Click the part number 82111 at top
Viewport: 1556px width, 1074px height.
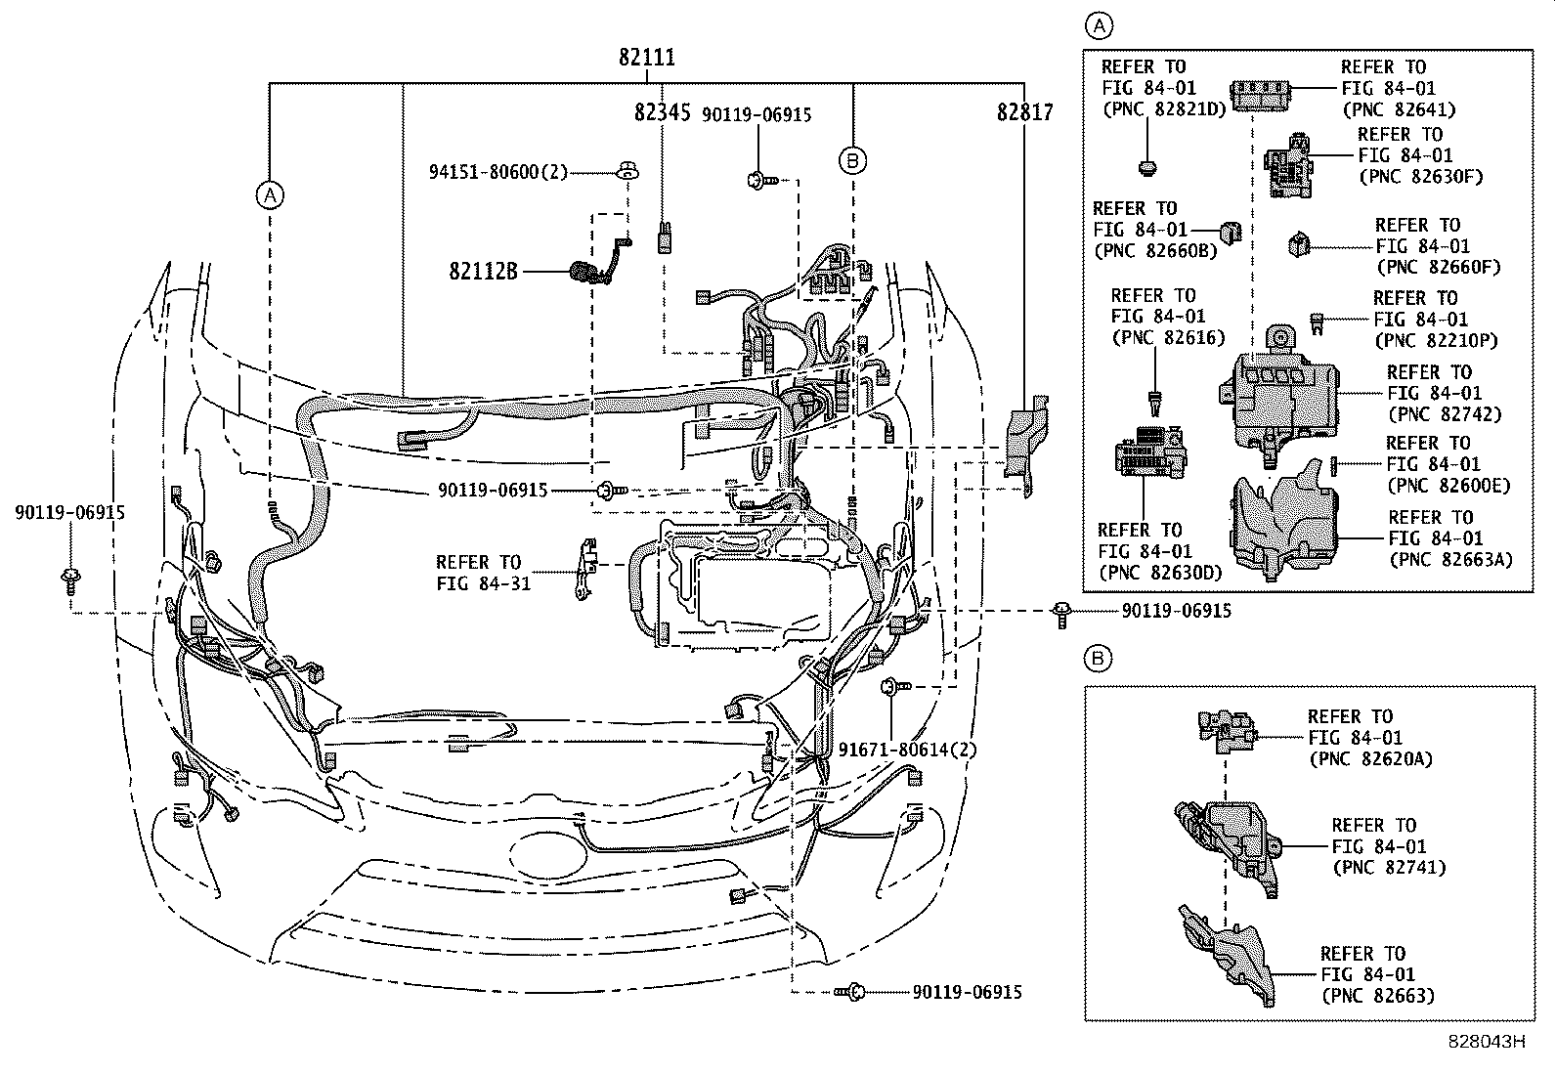pyautogui.click(x=646, y=58)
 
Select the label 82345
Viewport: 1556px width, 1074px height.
pyautogui.click(x=662, y=113)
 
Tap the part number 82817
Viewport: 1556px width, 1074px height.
pyautogui.click(x=1024, y=113)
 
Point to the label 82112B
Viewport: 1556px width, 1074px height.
pyautogui.click(x=483, y=271)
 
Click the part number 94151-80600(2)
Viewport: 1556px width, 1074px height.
pyautogui.click(x=497, y=172)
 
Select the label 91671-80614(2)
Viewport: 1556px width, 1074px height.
pyautogui.click(x=908, y=750)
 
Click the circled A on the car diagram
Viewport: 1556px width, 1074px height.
pyautogui.click(x=270, y=195)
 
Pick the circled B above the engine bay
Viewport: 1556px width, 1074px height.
pyautogui.click(x=852, y=160)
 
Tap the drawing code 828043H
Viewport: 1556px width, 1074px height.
pyautogui.click(x=1486, y=1042)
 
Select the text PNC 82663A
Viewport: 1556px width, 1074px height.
pyautogui.click(x=1450, y=559)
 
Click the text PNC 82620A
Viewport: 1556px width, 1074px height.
pyautogui.click(x=1370, y=758)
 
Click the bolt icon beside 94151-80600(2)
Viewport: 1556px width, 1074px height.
pyautogui.click(x=628, y=173)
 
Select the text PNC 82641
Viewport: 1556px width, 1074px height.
pyautogui.click(x=1399, y=109)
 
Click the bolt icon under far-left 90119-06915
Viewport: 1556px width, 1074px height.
pyautogui.click(x=70, y=580)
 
